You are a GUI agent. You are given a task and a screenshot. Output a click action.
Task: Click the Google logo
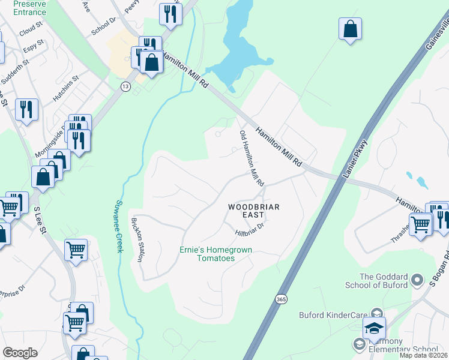coord(20,353)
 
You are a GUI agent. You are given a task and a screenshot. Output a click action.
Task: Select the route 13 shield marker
coord(125,86)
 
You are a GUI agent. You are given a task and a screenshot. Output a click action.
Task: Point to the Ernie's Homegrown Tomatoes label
coord(216,254)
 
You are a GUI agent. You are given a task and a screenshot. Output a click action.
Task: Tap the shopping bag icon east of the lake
coord(350,28)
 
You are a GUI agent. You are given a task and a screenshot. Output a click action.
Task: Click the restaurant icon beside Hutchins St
coord(26,109)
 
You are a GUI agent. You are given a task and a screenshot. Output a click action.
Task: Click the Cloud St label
coord(31,29)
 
